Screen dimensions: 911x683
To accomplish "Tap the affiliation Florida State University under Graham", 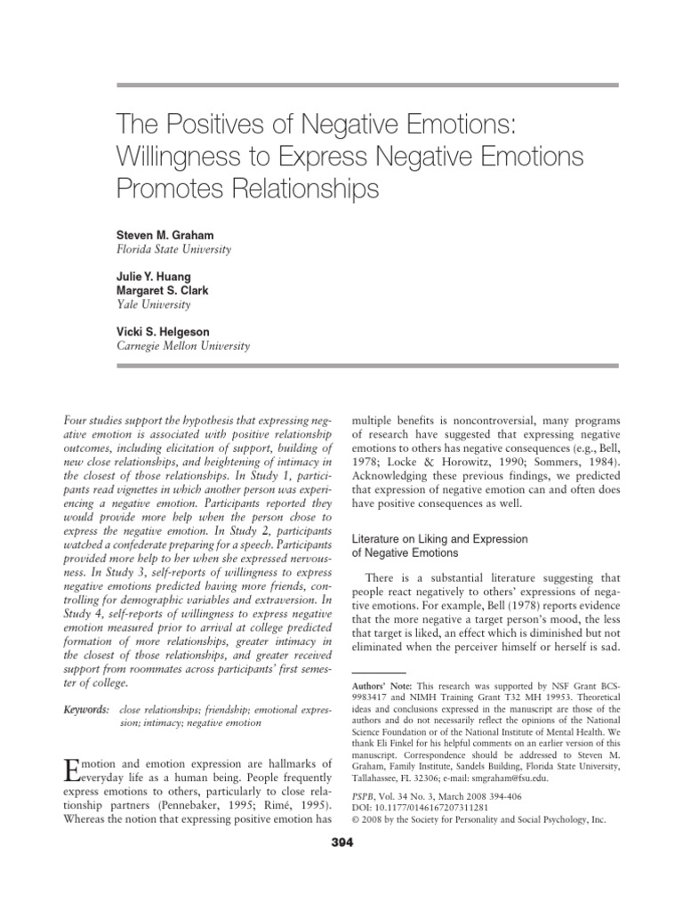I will click(174, 249).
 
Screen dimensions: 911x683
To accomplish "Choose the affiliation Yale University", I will click(153, 303).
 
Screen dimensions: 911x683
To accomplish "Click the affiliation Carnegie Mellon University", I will click(184, 345).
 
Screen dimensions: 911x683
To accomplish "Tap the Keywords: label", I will click(86, 709).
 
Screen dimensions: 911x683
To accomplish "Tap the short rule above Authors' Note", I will click(380, 673).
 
